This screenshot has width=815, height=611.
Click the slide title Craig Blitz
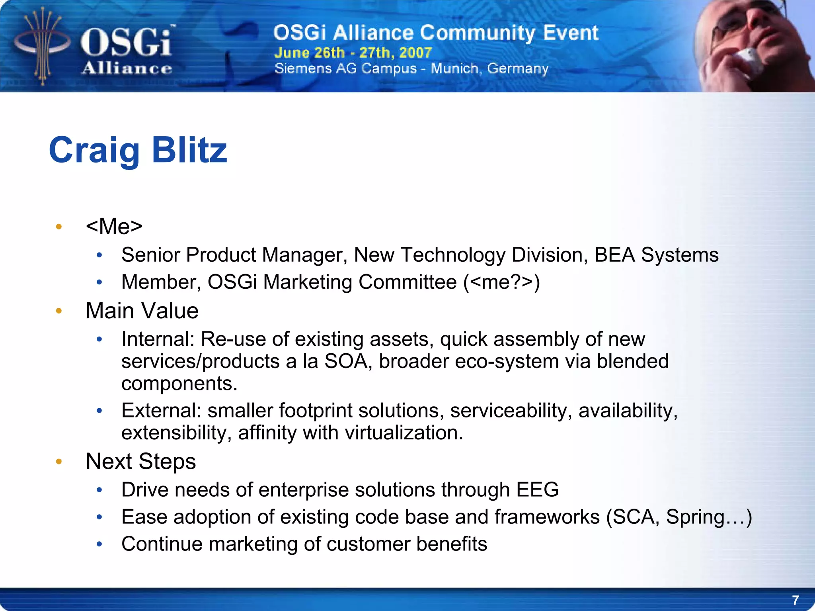(138, 150)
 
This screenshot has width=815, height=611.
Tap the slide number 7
(795, 600)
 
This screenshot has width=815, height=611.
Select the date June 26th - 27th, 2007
(353, 53)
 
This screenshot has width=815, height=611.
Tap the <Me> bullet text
(114, 226)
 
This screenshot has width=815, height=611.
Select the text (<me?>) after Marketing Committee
(502, 282)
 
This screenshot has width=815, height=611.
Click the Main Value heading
(142, 311)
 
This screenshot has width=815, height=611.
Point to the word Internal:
(158, 339)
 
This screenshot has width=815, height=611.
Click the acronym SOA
(345, 361)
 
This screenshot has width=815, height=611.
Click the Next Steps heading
(141, 461)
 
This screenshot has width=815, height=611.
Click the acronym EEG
(537, 490)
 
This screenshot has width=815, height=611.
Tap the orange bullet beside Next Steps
(59, 462)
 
